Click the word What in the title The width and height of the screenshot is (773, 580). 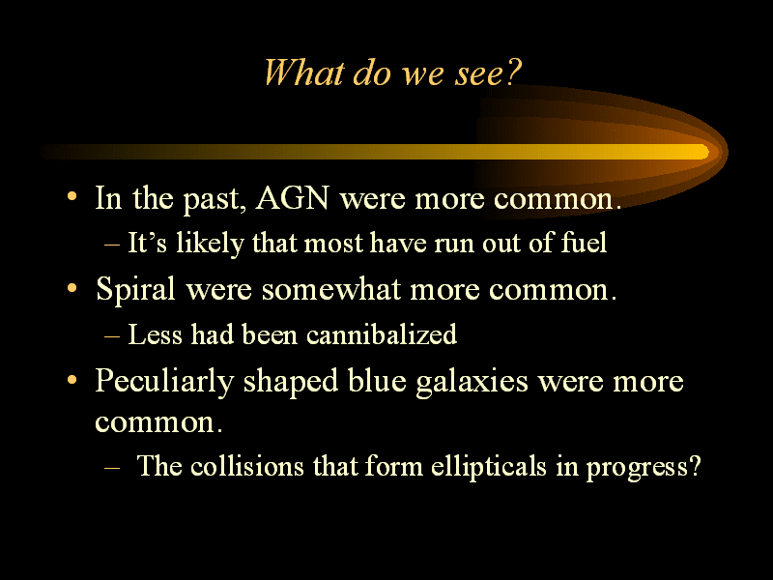click(x=303, y=72)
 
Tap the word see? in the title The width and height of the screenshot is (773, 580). click(x=488, y=72)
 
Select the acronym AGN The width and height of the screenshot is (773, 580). click(x=293, y=198)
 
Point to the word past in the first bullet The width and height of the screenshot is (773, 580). click(x=215, y=201)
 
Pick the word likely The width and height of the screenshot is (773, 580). click(x=210, y=244)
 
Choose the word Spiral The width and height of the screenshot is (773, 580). click(x=135, y=289)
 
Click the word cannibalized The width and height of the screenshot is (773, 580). click(x=382, y=333)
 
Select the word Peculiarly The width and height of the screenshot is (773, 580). click(x=164, y=382)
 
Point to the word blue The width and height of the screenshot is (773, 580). click(x=377, y=381)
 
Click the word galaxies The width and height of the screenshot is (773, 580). click(x=472, y=383)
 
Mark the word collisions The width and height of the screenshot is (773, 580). click(x=247, y=466)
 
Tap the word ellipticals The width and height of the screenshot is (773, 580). click(x=489, y=467)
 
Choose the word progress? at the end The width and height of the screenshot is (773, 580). click(x=644, y=468)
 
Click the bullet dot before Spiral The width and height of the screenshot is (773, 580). click(x=72, y=287)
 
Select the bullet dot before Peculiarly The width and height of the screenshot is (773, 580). click(x=72, y=380)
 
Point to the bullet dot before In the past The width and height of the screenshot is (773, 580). click(x=72, y=196)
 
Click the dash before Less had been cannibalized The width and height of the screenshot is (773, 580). click(x=112, y=335)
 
